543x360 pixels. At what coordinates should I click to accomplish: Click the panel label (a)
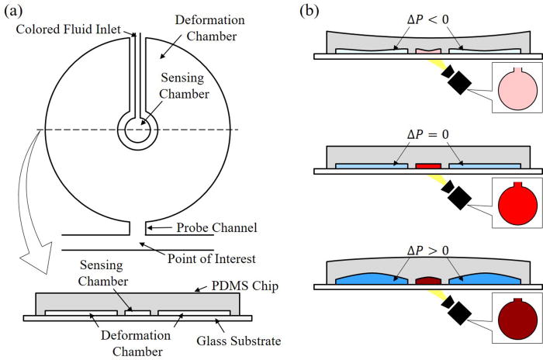(14, 11)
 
